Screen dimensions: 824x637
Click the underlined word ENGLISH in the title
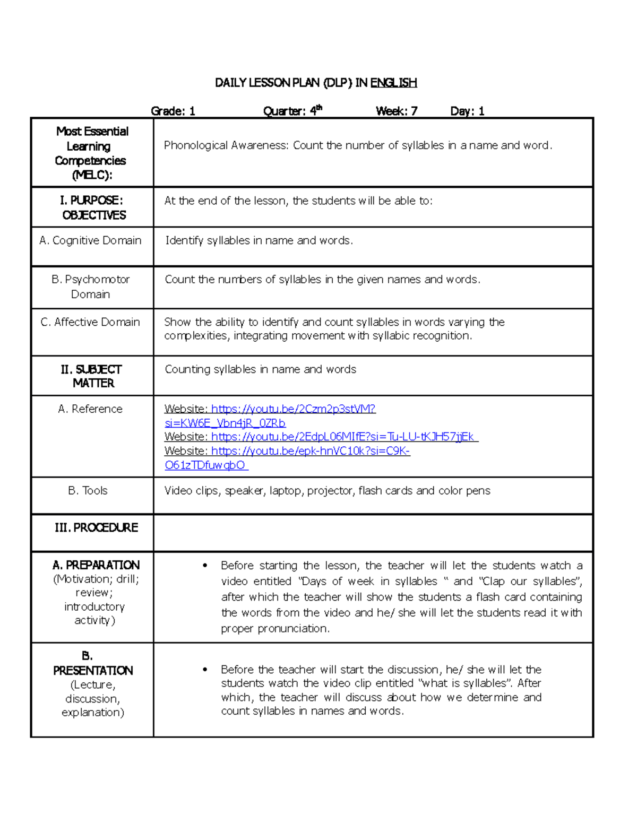393,83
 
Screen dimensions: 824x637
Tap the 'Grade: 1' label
173,111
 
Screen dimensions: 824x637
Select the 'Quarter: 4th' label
292,111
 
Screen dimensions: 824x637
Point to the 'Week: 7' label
397,111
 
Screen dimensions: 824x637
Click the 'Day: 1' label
467,111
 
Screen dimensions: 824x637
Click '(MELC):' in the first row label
92,175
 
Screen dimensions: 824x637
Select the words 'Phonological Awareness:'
227,146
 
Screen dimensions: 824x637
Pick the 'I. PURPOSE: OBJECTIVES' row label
92,207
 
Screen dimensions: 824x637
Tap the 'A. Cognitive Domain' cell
90,241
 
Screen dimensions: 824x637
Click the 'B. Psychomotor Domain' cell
91,287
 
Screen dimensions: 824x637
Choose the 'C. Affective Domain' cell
90,322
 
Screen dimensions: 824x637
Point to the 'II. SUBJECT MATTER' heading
92,376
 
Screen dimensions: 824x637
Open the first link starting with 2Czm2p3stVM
293,409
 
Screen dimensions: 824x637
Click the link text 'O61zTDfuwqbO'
205,465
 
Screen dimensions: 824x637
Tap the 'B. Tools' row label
88,491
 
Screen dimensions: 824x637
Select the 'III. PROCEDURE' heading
96,528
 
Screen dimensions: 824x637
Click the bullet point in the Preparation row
205,566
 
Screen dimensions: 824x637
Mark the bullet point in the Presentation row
205,670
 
